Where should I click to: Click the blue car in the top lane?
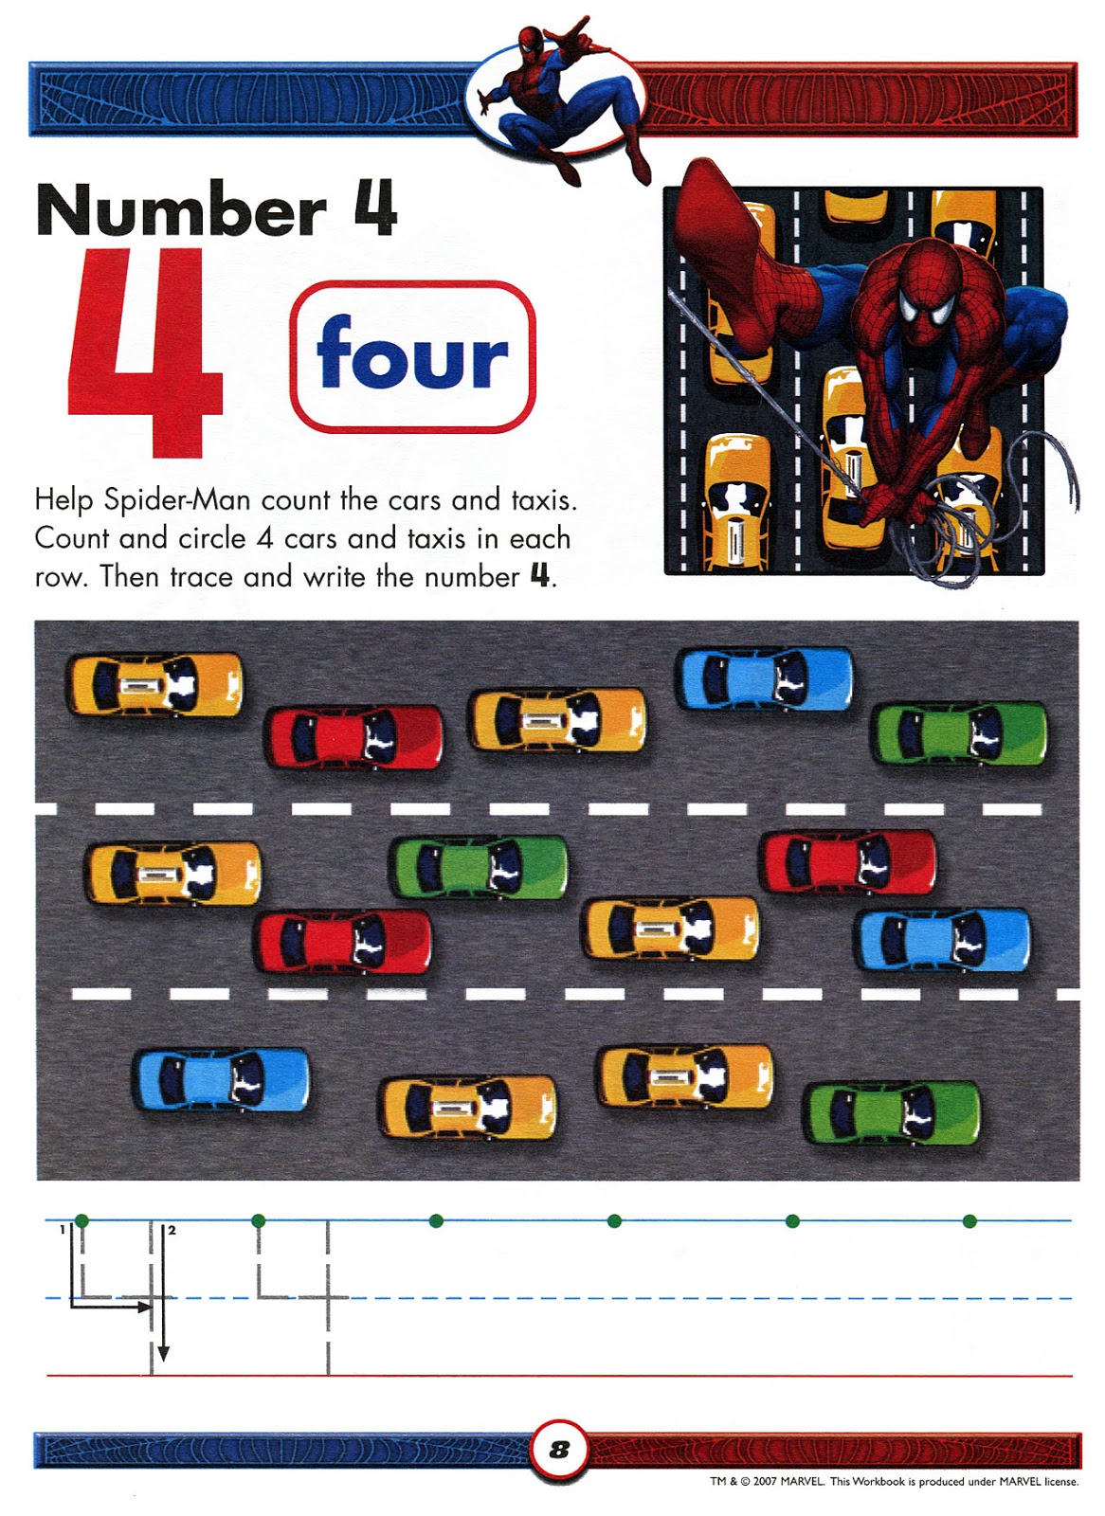[765, 678]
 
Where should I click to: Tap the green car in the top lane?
[959, 733]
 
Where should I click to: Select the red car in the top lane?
[354, 737]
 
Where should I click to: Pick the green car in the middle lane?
[479, 867]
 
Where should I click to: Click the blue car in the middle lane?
[943, 940]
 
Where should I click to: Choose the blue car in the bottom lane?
[221, 1081]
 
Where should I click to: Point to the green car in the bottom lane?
[892, 1113]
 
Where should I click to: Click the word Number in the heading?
[181, 209]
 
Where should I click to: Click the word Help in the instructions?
[63, 501]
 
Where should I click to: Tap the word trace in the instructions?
[201, 577]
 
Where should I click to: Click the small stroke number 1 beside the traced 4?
[62, 1229]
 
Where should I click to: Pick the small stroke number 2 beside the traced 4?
[172, 1230]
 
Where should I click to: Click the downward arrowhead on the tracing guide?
[163, 1354]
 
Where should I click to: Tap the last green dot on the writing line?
[969, 1221]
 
